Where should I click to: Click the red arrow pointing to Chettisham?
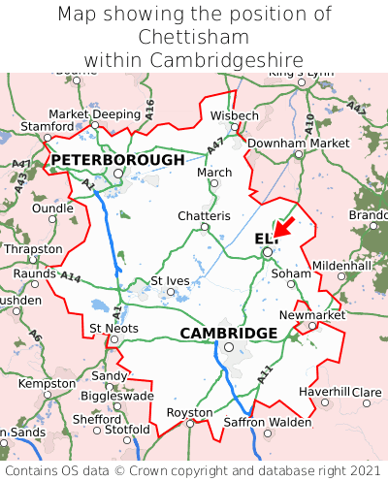coord(285,226)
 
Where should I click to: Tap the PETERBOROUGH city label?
coord(117,159)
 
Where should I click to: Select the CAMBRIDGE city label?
coord(229,333)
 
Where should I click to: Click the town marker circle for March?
coord(214,183)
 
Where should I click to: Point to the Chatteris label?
coord(204,215)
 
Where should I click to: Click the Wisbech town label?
coord(235,115)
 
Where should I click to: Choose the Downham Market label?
coord(298,143)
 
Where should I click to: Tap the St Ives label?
coord(170,280)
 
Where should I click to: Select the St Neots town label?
coord(113,328)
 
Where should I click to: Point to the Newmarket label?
coord(311,315)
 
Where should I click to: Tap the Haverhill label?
coord(324,391)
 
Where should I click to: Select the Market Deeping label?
coord(94,112)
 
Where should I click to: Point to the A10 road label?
coord(309,123)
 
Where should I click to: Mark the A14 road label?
coord(71,276)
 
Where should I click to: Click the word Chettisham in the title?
coord(194,37)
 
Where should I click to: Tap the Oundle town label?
coord(52,208)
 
